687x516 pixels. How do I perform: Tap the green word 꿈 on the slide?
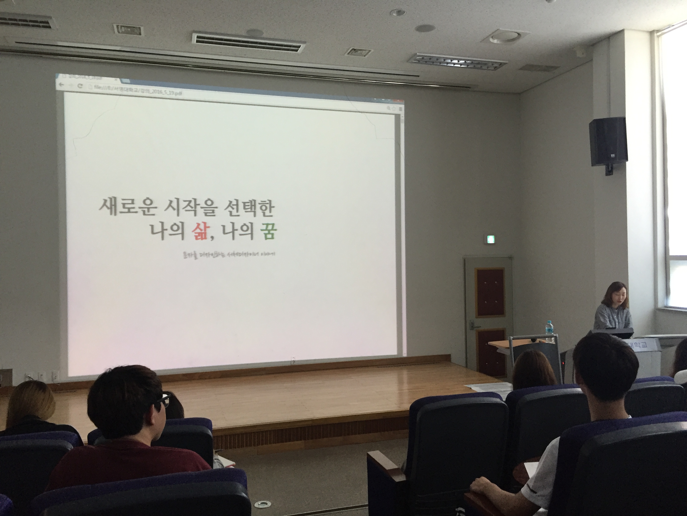[268, 232]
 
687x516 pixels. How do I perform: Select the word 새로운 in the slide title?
[126, 207]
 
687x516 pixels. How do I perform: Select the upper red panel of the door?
[490, 292]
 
